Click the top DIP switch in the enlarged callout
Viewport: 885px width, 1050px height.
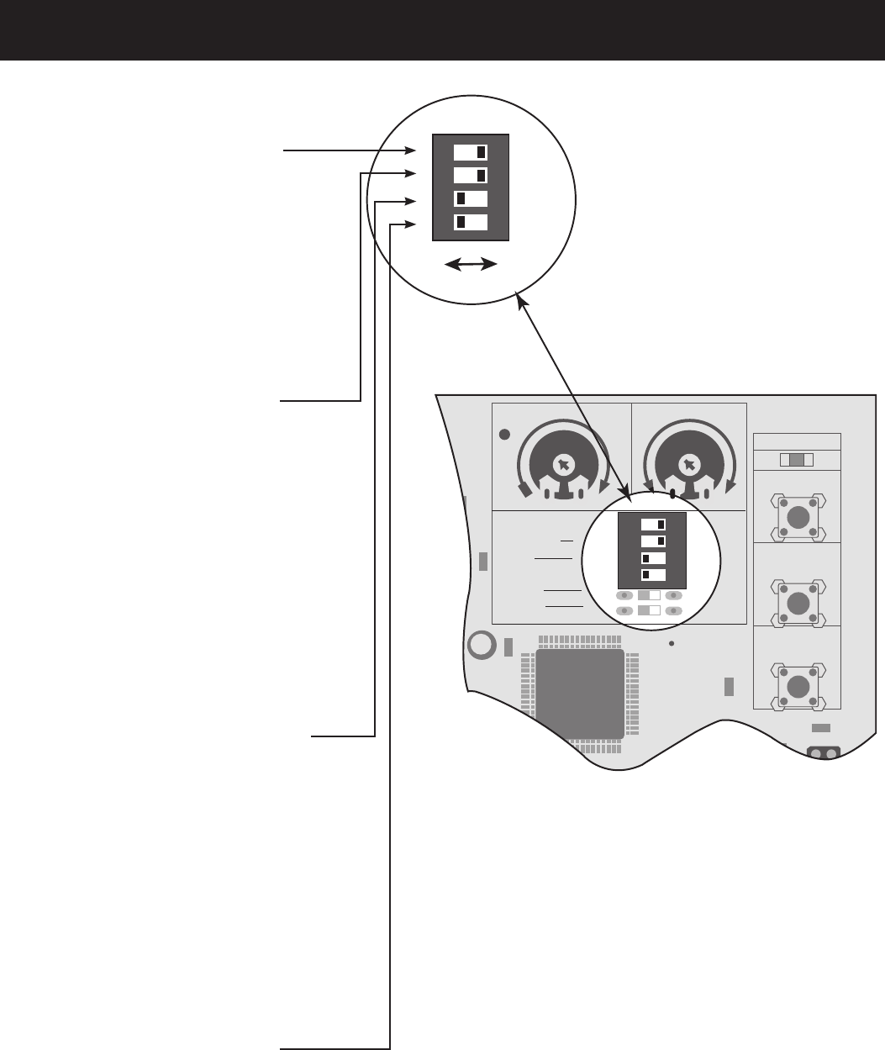[x=470, y=152]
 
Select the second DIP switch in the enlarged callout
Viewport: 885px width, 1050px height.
[x=470, y=175]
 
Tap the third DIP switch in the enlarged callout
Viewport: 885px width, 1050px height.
[x=470, y=199]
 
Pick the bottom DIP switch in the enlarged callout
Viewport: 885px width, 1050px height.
[x=470, y=223]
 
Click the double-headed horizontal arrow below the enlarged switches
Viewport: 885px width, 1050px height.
[x=471, y=265]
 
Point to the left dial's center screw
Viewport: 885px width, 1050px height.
[x=564, y=464]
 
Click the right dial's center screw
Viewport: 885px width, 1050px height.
[x=689, y=464]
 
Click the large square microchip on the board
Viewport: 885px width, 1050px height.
[x=581, y=694]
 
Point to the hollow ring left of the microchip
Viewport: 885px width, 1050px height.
[x=481, y=645]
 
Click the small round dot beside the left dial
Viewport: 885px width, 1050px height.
[x=504, y=435]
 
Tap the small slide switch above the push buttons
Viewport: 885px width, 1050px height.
[x=798, y=460]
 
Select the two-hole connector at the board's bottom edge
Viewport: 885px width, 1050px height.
[x=823, y=753]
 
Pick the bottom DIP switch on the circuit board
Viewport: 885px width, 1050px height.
[x=653, y=575]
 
